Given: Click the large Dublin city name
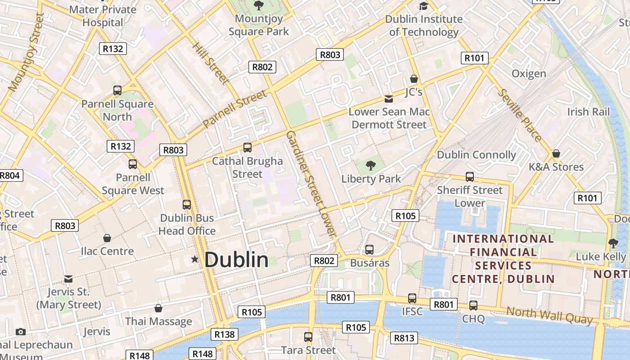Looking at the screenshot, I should (x=236, y=260).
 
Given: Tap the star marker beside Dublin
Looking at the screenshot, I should (x=195, y=259).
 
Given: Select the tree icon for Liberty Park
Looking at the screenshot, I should (x=371, y=166).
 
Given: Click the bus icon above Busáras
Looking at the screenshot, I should (x=369, y=249).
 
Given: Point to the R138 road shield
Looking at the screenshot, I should (x=224, y=334).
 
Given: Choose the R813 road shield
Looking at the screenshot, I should (x=404, y=338).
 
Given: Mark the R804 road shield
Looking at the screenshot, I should (x=10, y=175).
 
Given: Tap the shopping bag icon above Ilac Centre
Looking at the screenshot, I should (x=107, y=238).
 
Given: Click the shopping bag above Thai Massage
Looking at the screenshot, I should (x=158, y=308).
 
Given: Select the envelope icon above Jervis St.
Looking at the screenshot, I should (x=68, y=279).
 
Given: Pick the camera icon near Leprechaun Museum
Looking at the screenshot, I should (x=21, y=332).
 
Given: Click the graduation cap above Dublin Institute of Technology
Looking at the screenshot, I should (x=423, y=6).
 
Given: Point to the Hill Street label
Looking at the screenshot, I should (x=211, y=63).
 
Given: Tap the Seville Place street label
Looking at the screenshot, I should (x=520, y=115).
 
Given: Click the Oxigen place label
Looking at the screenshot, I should (x=529, y=73).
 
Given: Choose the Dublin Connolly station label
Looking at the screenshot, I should (x=477, y=155).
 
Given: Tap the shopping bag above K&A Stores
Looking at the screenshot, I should (x=556, y=153).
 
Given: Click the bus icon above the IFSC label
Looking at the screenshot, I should (x=412, y=298).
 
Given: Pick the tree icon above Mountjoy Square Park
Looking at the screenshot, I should (x=259, y=5).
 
